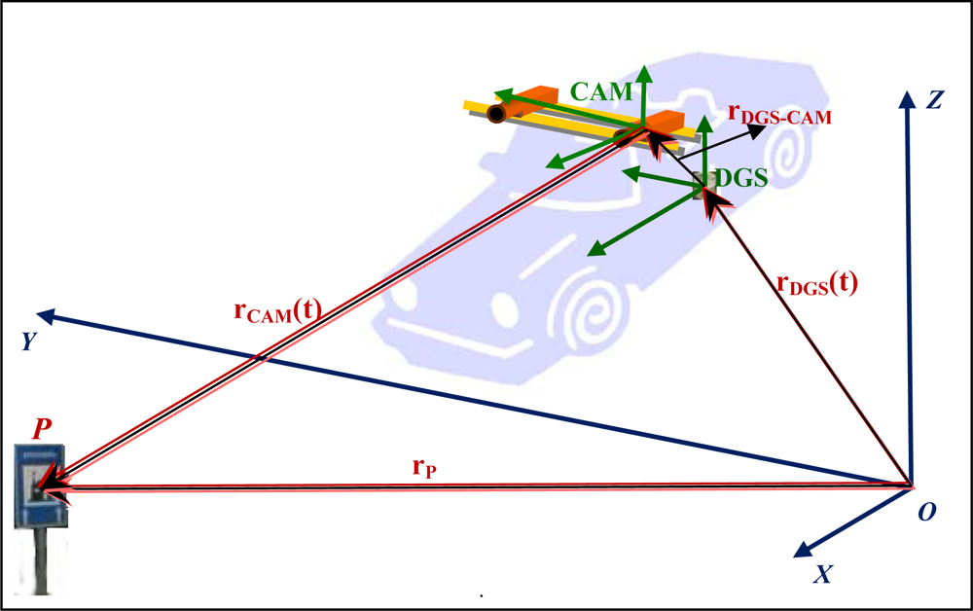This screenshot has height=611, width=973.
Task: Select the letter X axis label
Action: [x=822, y=574]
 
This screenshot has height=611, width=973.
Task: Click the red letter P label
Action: [x=42, y=428]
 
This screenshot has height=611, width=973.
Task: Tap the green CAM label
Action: [x=601, y=92]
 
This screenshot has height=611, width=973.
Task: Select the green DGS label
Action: [x=741, y=177]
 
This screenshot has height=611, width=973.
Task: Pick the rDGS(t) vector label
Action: [x=817, y=283]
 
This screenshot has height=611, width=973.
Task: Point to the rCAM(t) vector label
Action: [x=278, y=311]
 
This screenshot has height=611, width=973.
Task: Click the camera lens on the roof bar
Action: [x=496, y=114]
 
